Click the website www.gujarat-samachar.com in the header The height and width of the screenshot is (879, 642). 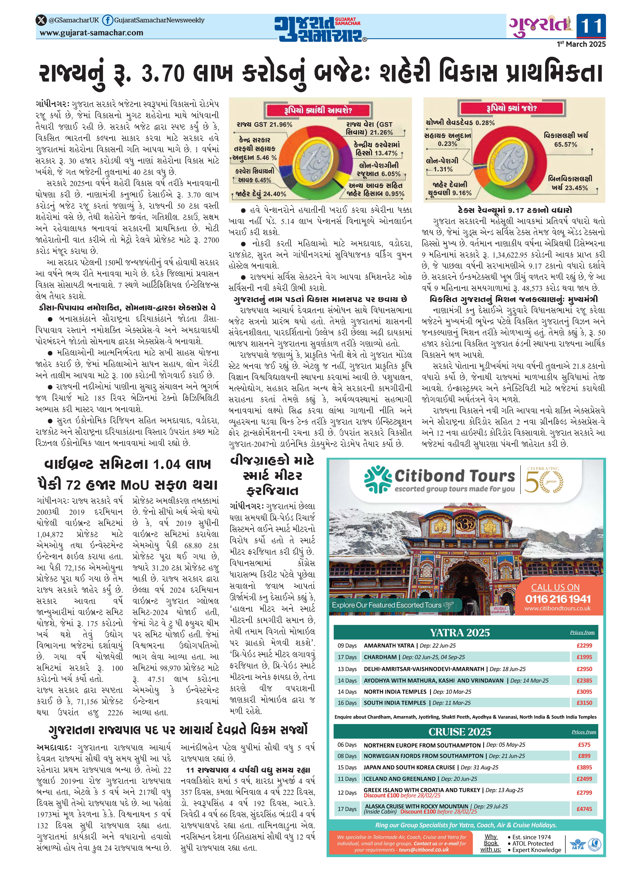(91, 33)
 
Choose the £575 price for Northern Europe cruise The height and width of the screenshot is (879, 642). (584, 745)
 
